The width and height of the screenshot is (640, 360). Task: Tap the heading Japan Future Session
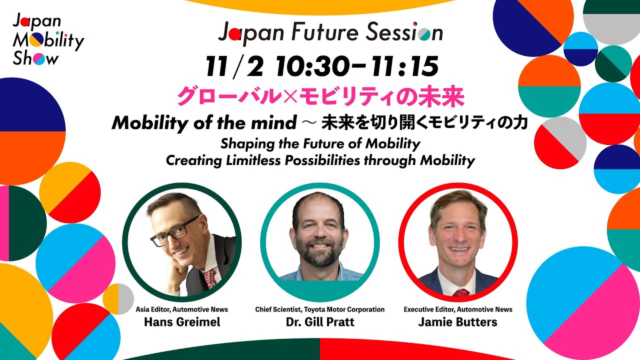point(330,33)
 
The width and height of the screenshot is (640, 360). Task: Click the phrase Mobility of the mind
point(203,122)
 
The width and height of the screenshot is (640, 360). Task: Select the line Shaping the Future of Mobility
point(320,143)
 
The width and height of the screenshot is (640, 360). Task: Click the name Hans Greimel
point(181,321)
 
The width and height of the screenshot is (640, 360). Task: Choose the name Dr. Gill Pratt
point(320,321)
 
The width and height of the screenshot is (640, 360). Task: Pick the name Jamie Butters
point(457,321)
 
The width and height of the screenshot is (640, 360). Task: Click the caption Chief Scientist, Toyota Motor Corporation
point(320,309)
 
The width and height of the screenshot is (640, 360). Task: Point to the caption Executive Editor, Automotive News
point(458,309)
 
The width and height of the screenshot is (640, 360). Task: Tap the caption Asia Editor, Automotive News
point(181,309)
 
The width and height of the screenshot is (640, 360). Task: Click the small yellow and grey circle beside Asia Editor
point(118,299)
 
